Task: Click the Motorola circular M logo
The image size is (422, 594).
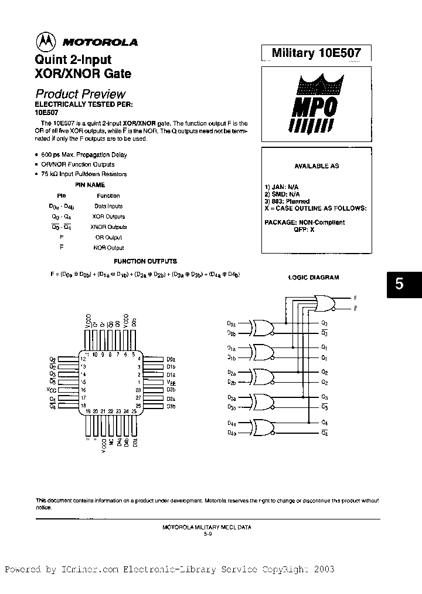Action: click(x=46, y=41)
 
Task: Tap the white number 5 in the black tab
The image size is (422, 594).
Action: click(x=399, y=284)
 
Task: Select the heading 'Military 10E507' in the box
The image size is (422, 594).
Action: click(x=316, y=53)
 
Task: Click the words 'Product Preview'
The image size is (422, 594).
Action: click(x=80, y=94)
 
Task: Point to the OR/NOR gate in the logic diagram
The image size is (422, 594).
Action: click(x=324, y=302)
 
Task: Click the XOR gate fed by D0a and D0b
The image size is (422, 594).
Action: click(x=262, y=328)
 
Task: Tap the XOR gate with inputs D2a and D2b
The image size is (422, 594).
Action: click(x=262, y=377)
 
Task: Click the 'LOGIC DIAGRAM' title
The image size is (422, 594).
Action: click(x=314, y=278)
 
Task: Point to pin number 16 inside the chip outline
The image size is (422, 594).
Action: click(x=84, y=390)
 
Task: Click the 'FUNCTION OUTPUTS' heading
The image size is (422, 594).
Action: click(x=145, y=261)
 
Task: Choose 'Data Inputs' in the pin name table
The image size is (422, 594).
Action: click(x=108, y=207)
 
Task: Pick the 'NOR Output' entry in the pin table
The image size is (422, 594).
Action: click(x=108, y=248)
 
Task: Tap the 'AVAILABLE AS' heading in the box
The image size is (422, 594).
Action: click(x=316, y=166)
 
